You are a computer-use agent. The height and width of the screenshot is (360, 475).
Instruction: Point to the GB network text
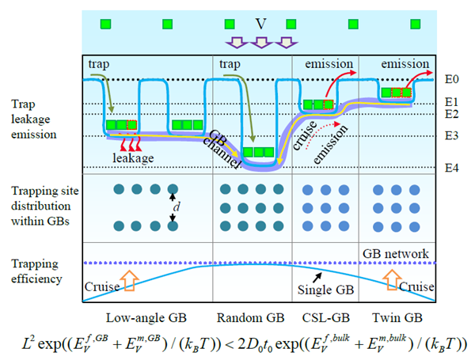[396, 253]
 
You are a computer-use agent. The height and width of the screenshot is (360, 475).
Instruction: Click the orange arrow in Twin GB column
[393, 279]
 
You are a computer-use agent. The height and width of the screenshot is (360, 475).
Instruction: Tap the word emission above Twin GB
[405, 63]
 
